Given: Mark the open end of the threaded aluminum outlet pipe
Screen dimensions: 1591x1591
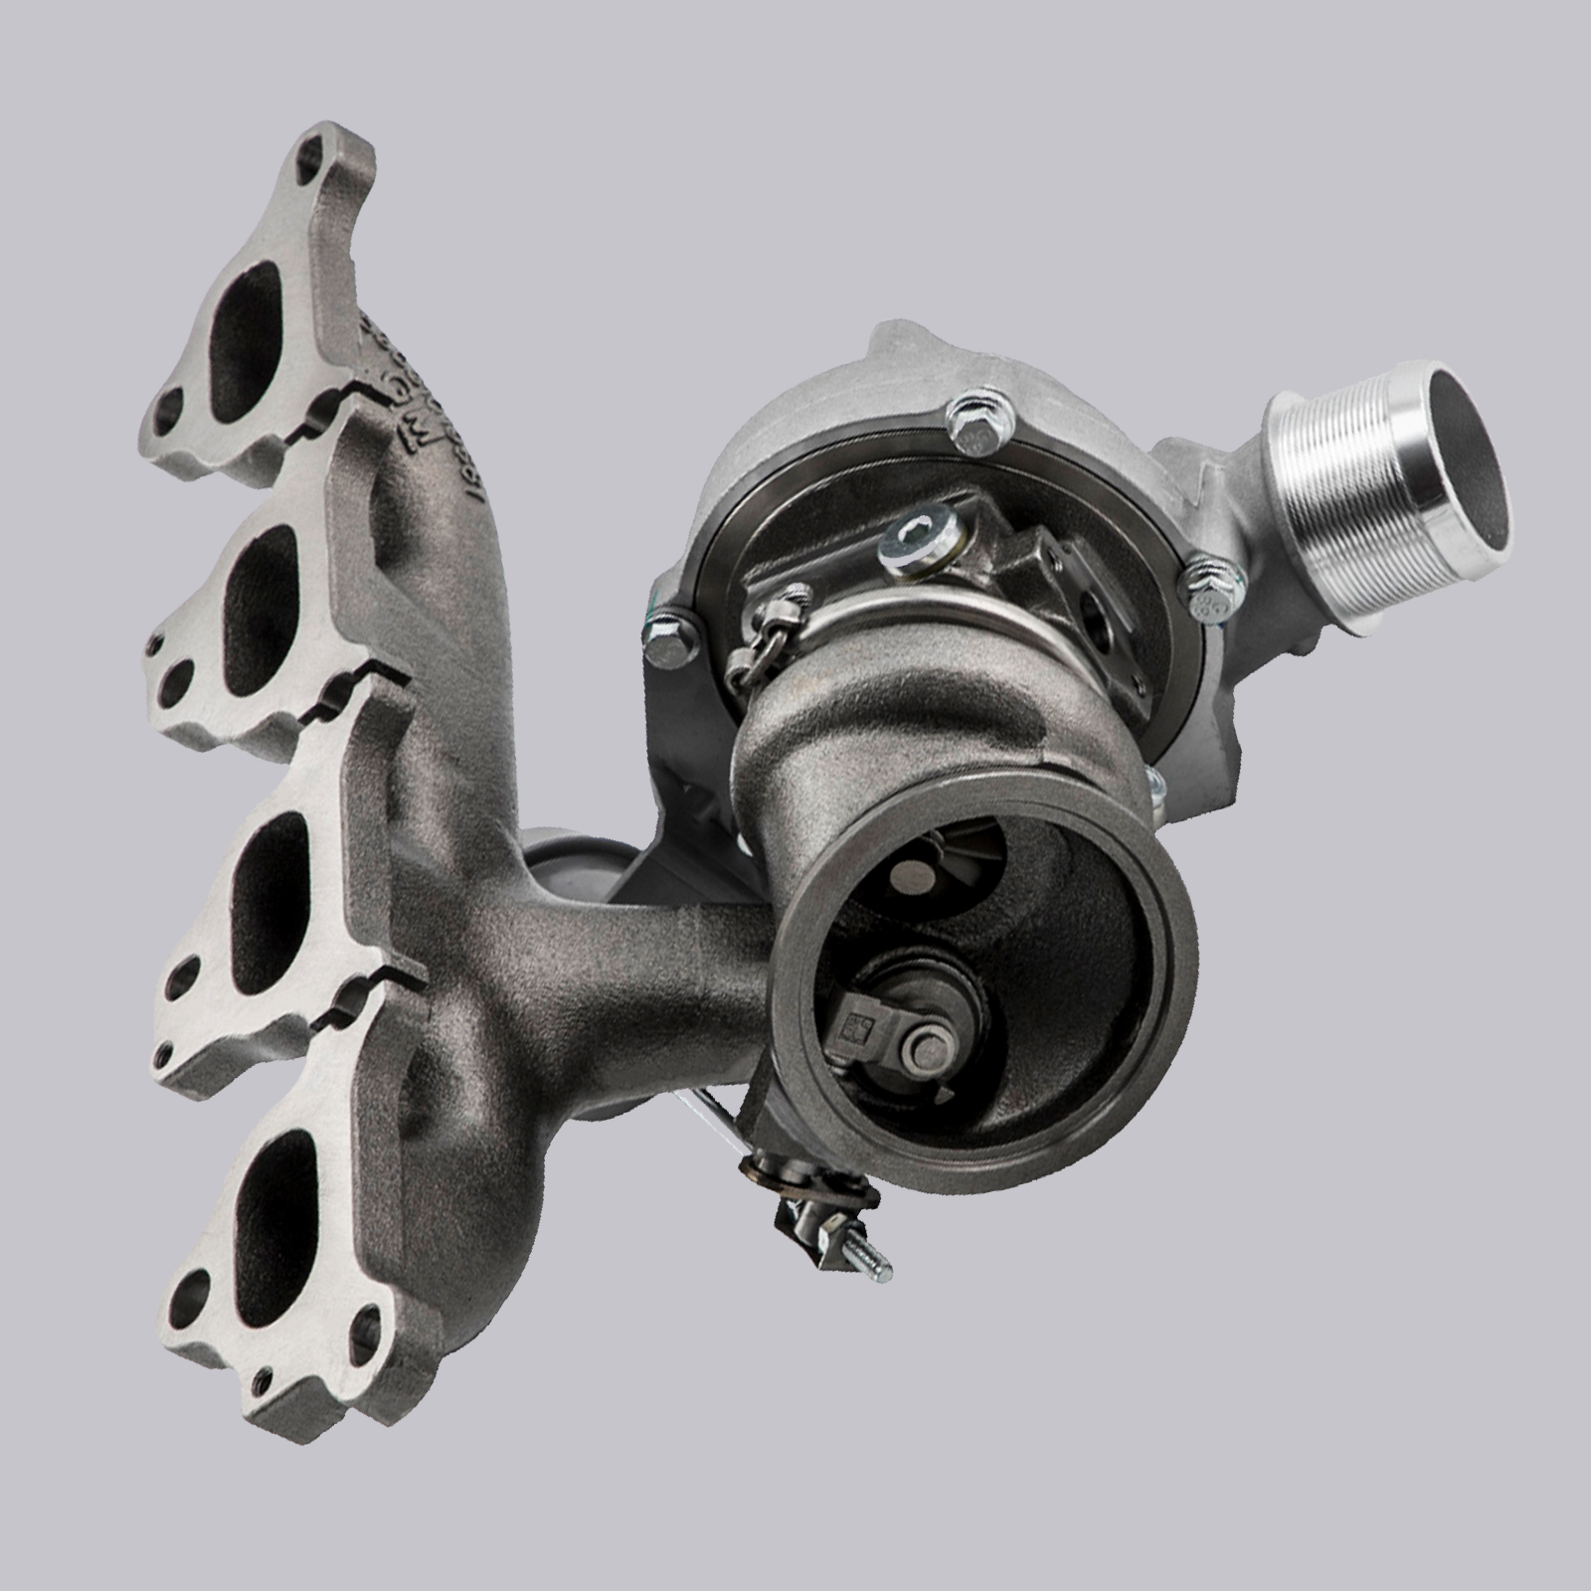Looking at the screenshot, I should (1469, 427).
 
